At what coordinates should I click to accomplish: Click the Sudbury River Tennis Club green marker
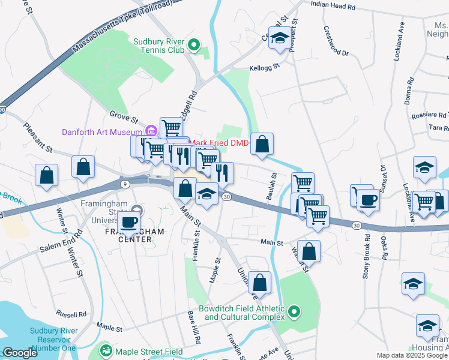click(x=193, y=45)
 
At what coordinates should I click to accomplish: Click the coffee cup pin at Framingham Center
click(x=129, y=222)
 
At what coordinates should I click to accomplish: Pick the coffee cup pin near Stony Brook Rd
click(x=367, y=199)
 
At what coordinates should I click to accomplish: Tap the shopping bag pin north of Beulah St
click(x=262, y=144)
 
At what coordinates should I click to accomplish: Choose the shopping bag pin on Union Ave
click(x=259, y=283)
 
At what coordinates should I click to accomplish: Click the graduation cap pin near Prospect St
click(x=279, y=38)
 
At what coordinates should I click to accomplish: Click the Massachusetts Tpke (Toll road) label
click(x=121, y=26)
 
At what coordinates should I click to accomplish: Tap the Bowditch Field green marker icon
click(x=294, y=311)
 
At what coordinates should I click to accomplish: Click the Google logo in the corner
click(x=20, y=353)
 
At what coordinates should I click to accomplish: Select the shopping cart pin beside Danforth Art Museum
click(x=172, y=127)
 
